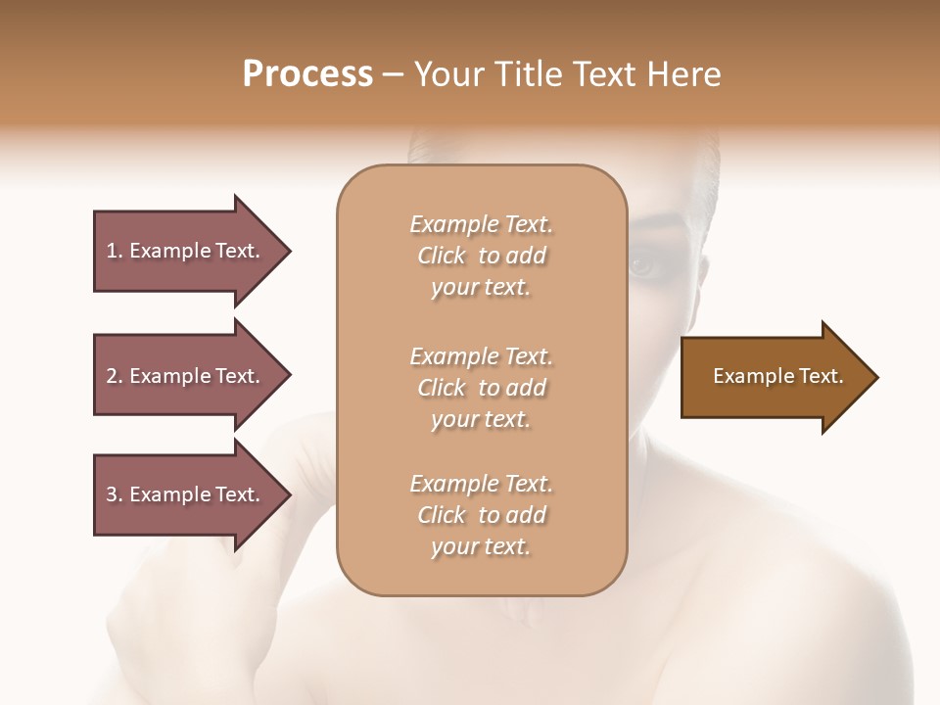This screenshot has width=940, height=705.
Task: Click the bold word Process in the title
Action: [x=307, y=74]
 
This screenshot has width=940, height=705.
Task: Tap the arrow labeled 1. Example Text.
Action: [x=186, y=251]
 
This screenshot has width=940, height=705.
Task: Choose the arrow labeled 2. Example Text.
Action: [x=186, y=376]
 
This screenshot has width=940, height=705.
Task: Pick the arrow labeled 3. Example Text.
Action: [x=186, y=494]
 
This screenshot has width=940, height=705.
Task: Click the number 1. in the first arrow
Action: [x=114, y=251]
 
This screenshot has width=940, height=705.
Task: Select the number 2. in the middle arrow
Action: [x=114, y=376]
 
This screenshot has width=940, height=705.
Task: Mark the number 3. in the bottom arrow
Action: [x=114, y=494]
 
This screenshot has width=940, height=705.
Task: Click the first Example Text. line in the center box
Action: [x=481, y=224]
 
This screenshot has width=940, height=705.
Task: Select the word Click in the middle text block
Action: [x=441, y=388]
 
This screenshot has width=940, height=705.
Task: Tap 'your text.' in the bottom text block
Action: [x=481, y=547]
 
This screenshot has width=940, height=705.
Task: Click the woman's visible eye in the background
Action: [x=643, y=264]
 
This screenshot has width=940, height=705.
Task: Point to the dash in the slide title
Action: [x=394, y=74]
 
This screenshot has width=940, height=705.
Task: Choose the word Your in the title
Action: [x=448, y=74]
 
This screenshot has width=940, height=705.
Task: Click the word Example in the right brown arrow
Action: [x=748, y=376]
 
